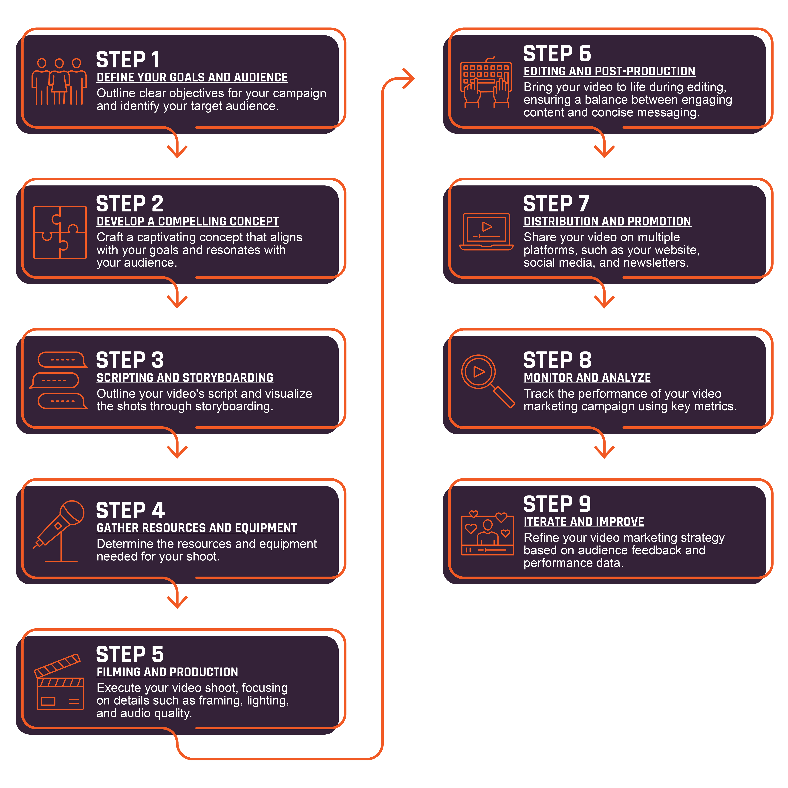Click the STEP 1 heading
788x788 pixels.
coord(128,60)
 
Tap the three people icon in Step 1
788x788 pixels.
coord(59,82)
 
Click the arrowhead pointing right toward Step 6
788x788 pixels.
coord(408,78)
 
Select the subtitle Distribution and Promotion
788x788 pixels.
coord(607,222)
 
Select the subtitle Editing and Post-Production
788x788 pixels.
coord(609,71)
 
